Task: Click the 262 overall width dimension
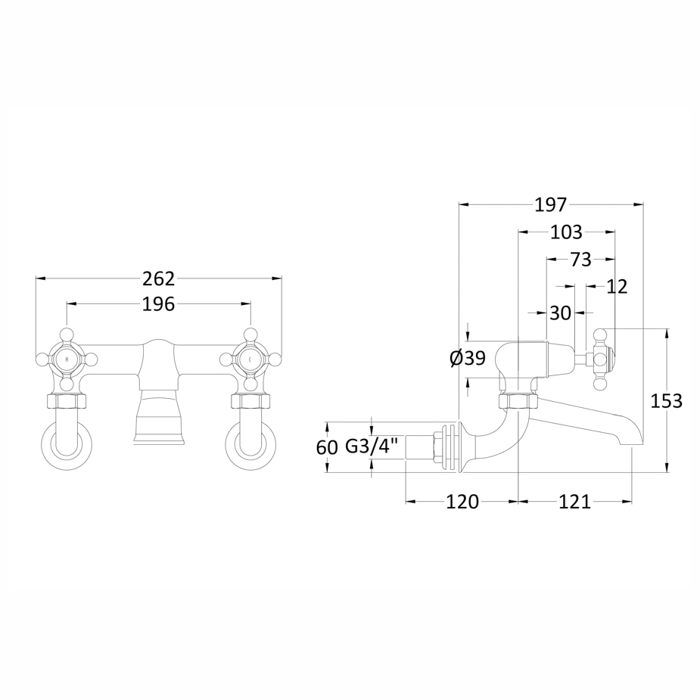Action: tap(158, 279)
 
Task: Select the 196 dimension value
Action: tap(158, 304)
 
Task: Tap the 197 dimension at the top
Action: tap(551, 205)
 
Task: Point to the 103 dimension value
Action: tap(567, 232)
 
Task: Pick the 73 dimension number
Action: tap(581, 260)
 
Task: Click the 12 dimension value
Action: tap(617, 287)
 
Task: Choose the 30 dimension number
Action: tap(560, 313)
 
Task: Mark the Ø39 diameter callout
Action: tap(468, 358)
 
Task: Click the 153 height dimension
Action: tap(667, 401)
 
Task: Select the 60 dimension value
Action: tap(327, 447)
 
